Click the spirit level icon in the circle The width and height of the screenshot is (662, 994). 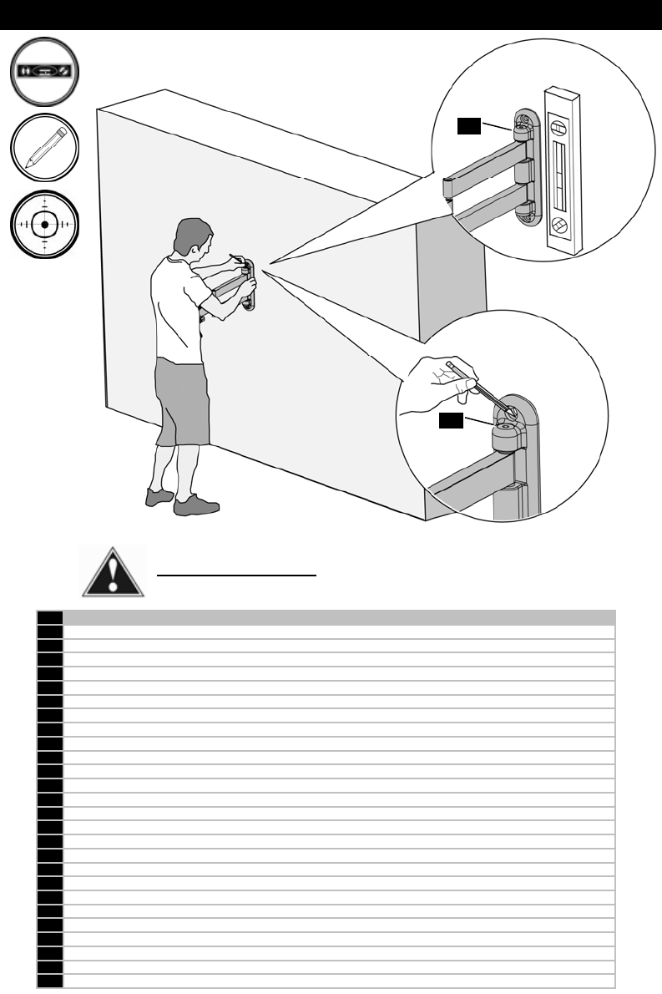(45, 72)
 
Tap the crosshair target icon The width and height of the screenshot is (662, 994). (45, 225)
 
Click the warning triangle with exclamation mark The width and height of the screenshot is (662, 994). (112, 572)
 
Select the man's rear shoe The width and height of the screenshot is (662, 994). (159, 497)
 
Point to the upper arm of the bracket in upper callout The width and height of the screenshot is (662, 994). (484, 159)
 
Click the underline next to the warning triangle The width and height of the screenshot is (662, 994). (237, 576)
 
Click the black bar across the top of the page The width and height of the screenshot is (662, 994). (331, 15)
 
